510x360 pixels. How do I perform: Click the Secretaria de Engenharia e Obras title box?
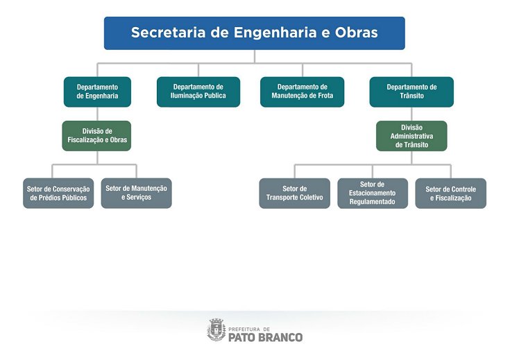[254, 33]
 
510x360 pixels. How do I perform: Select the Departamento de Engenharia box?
[97, 92]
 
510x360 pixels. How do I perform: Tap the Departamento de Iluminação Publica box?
[198, 92]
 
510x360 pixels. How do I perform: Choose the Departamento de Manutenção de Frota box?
[302, 92]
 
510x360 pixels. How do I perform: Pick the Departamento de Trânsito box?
[411, 92]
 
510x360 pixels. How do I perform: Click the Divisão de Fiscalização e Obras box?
[97, 135]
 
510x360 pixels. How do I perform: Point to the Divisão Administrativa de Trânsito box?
[411, 136]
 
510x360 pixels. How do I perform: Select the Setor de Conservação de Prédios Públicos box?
[58, 194]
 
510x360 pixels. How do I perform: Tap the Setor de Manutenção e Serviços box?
[136, 194]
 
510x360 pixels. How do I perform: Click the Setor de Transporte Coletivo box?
[294, 194]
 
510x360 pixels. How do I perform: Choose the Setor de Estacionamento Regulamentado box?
[373, 194]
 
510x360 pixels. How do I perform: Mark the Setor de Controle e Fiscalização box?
[450, 194]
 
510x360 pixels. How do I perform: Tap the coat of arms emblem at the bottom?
[216, 330]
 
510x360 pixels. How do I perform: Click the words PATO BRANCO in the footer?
[266, 337]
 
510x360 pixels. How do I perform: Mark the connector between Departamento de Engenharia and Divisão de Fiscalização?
[97, 114]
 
